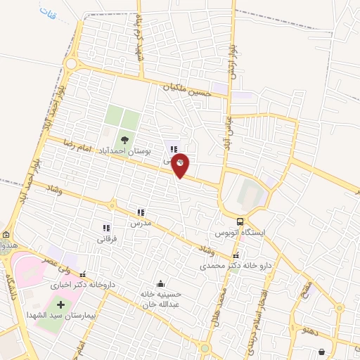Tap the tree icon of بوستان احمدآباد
tap(125, 139)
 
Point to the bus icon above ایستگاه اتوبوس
tap(240, 221)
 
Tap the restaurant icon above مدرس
tap(141, 212)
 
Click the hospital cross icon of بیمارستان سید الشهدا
tap(59, 305)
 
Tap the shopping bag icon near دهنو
tap(322, 352)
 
